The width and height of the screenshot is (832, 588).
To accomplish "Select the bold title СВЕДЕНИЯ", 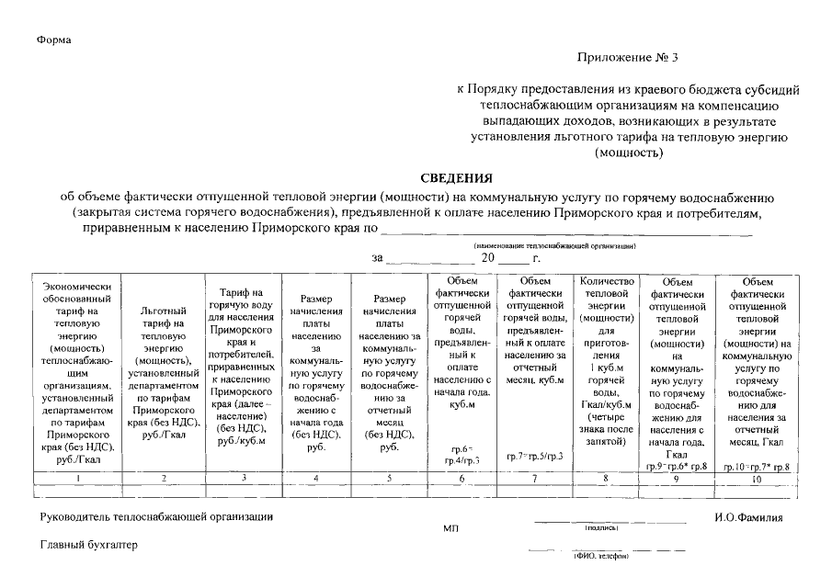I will tap(457, 178).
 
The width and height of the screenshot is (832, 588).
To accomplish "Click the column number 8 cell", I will tap(604, 479).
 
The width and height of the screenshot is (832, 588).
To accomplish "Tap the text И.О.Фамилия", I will tap(747, 517).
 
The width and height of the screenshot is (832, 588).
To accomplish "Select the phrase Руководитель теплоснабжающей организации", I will tap(156, 517).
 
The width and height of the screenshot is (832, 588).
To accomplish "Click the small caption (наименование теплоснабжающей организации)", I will tap(556, 245).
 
